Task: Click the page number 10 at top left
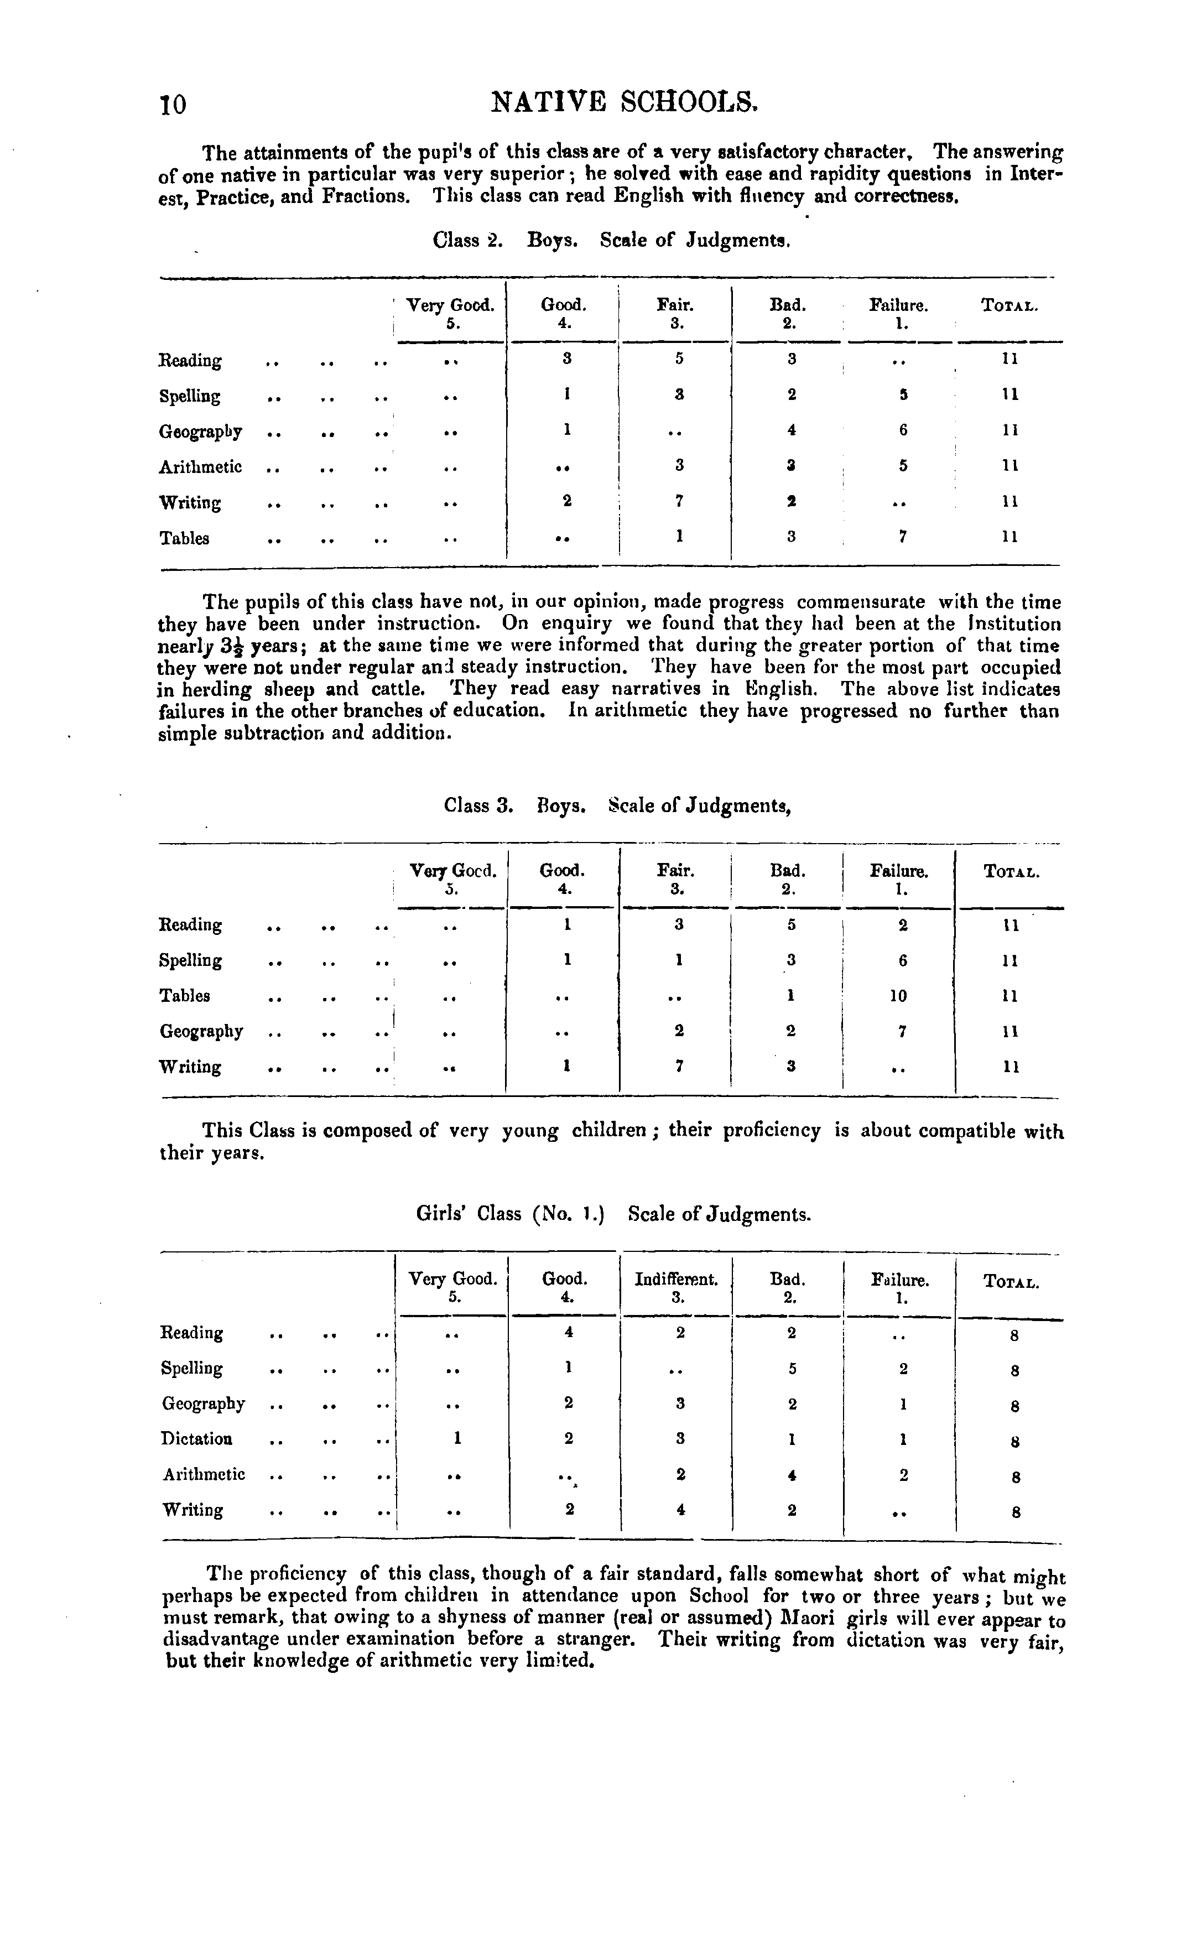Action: point(174,104)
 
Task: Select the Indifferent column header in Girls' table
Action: point(676,1280)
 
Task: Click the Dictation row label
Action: point(196,1438)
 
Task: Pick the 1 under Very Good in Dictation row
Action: point(456,1438)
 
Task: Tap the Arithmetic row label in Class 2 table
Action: point(200,467)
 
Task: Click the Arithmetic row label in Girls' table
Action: point(204,1474)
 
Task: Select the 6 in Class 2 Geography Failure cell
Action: point(903,430)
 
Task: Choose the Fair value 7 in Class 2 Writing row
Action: point(679,502)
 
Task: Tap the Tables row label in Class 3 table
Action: point(185,996)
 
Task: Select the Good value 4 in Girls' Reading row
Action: point(569,1332)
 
